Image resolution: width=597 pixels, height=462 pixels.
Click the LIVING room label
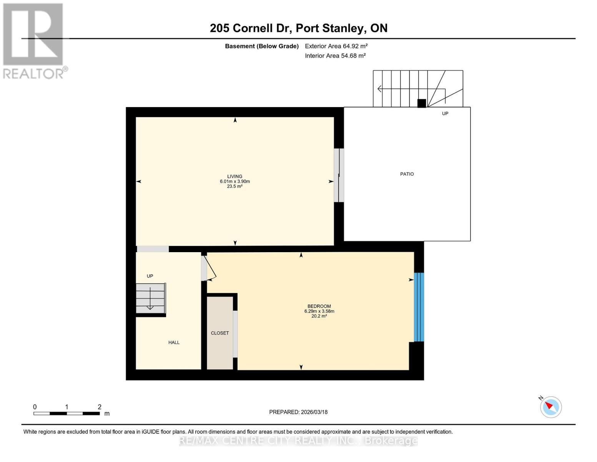click(234, 176)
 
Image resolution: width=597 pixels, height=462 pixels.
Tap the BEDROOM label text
click(319, 306)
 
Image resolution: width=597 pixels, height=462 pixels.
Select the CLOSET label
click(220, 333)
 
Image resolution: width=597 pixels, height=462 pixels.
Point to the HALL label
click(174, 342)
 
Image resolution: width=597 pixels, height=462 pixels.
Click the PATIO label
click(407, 174)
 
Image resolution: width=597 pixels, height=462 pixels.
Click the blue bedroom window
click(419, 307)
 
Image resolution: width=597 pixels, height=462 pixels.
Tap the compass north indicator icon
click(550, 407)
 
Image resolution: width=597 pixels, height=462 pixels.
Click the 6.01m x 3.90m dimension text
click(234, 181)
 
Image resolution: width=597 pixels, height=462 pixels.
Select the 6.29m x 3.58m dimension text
click(319, 311)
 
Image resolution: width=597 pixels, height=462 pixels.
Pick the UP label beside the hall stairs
click(150, 276)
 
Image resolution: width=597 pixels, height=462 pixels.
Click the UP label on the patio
click(445, 114)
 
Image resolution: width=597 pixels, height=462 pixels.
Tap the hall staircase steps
click(150, 298)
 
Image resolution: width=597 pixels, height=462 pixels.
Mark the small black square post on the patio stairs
click(422, 103)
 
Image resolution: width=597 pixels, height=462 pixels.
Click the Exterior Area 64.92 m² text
click(336, 46)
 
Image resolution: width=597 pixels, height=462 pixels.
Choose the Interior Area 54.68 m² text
click(335, 56)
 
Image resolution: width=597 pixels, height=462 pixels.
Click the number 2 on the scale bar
click(100, 407)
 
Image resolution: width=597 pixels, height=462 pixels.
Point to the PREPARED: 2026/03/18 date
click(298, 412)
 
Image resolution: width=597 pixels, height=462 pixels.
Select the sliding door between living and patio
click(338, 175)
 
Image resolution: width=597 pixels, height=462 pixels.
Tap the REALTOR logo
click(34, 41)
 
